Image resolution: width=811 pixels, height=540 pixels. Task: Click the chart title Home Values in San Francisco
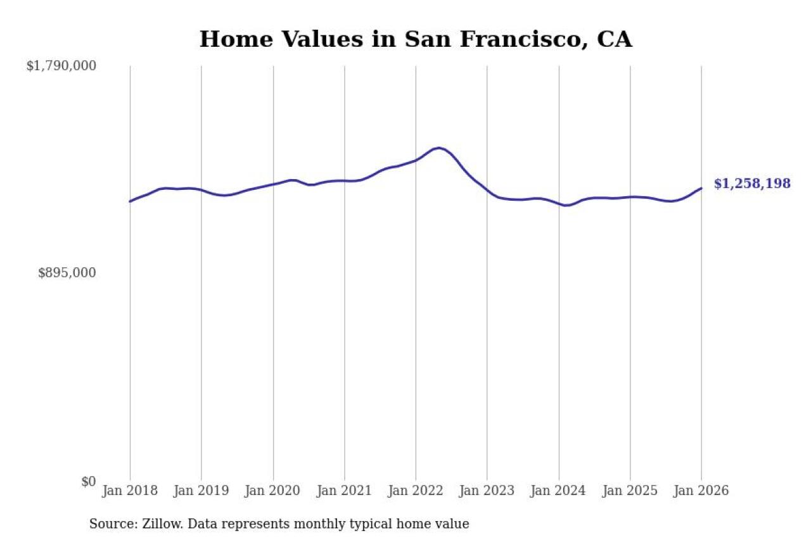[x=416, y=39]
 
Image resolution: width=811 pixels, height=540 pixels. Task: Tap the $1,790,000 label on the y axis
[x=61, y=66]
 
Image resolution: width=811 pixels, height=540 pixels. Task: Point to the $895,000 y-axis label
[x=67, y=273]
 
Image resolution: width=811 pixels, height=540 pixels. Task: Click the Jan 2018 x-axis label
[x=130, y=491]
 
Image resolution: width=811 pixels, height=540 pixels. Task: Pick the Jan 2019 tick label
[x=201, y=491]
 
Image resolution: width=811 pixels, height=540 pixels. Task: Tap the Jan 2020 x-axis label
[x=273, y=491]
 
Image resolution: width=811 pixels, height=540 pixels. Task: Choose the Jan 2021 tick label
[x=344, y=491]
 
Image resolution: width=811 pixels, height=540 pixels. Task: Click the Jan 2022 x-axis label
[x=416, y=491]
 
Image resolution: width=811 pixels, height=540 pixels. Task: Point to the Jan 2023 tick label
[x=487, y=491]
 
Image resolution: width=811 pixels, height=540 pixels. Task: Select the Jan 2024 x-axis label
[x=558, y=491]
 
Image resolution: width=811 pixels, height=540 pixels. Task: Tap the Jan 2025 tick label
[x=630, y=491]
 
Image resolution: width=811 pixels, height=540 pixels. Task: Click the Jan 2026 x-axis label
[x=701, y=491]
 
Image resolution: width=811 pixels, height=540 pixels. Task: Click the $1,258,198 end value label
[x=752, y=184]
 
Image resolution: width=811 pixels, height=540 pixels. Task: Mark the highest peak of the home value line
[x=438, y=148]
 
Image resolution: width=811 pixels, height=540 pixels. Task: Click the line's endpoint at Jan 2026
[x=701, y=188]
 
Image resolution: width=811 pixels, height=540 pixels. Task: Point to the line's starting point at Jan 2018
[x=130, y=201]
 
